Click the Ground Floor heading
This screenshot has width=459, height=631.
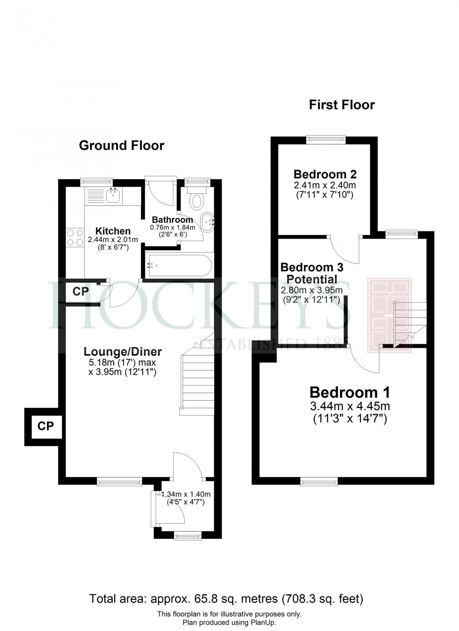121,145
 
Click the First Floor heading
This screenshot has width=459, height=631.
342,105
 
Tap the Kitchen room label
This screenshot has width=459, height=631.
113,231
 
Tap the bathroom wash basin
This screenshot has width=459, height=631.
207,220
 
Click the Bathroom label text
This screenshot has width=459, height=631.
172,220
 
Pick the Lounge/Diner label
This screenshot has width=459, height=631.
123,352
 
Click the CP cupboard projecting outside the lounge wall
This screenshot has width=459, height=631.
45,426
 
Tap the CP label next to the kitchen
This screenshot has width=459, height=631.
80,291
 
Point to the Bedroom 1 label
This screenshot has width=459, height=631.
350,392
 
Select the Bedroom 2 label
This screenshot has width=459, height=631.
325,174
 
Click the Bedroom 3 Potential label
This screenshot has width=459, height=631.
309,273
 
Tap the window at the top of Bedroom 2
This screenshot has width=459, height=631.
326,139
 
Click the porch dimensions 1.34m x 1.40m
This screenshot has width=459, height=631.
186,495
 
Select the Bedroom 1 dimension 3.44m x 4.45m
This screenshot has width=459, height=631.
350,405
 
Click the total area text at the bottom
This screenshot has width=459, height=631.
226,599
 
